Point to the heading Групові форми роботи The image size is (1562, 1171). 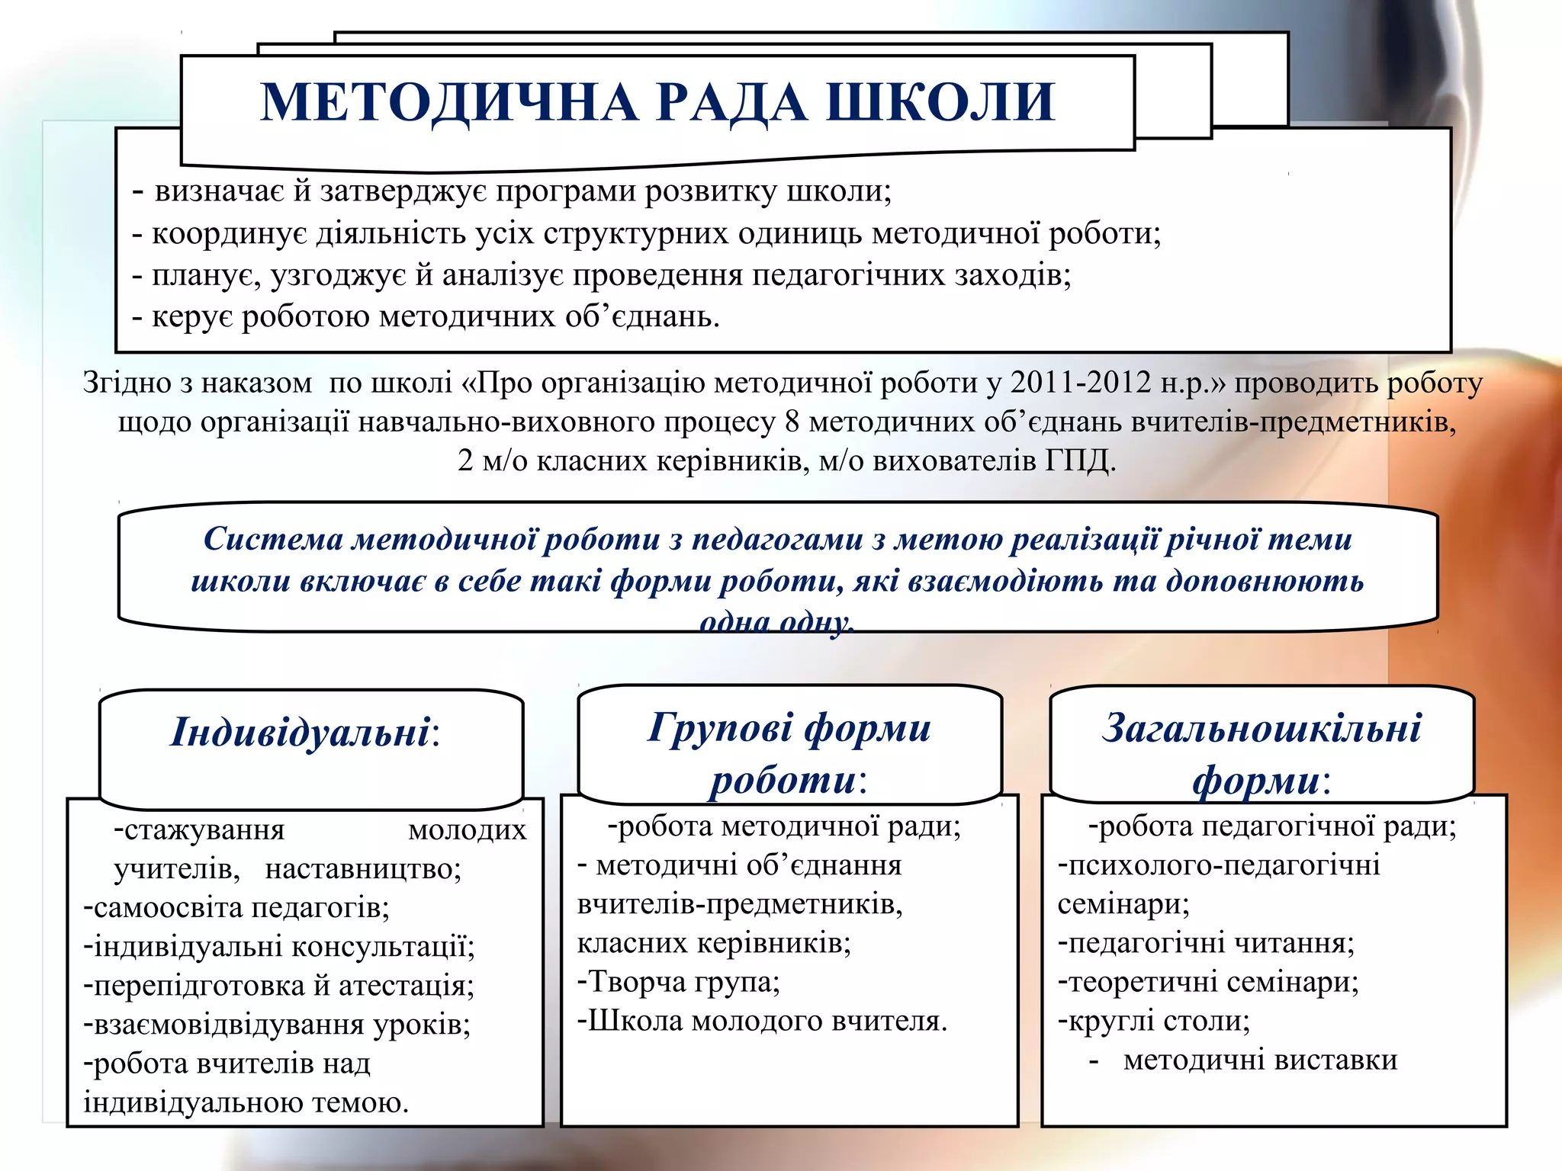[x=789, y=753]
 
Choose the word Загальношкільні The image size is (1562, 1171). [x=1261, y=727]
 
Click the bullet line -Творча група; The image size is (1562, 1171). [x=678, y=981]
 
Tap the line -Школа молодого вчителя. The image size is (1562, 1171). [x=761, y=1020]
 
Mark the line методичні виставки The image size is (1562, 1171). [x=1259, y=1060]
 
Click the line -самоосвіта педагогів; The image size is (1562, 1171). [x=236, y=907]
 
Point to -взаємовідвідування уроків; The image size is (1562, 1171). [x=277, y=1024]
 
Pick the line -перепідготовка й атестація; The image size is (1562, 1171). [x=278, y=985]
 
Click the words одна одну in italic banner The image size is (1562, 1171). [x=776, y=623]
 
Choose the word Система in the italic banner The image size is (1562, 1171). [x=272, y=539]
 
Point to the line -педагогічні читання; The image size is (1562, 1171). [x=1206, y=943]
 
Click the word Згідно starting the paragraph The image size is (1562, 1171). [x=127, y=383]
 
